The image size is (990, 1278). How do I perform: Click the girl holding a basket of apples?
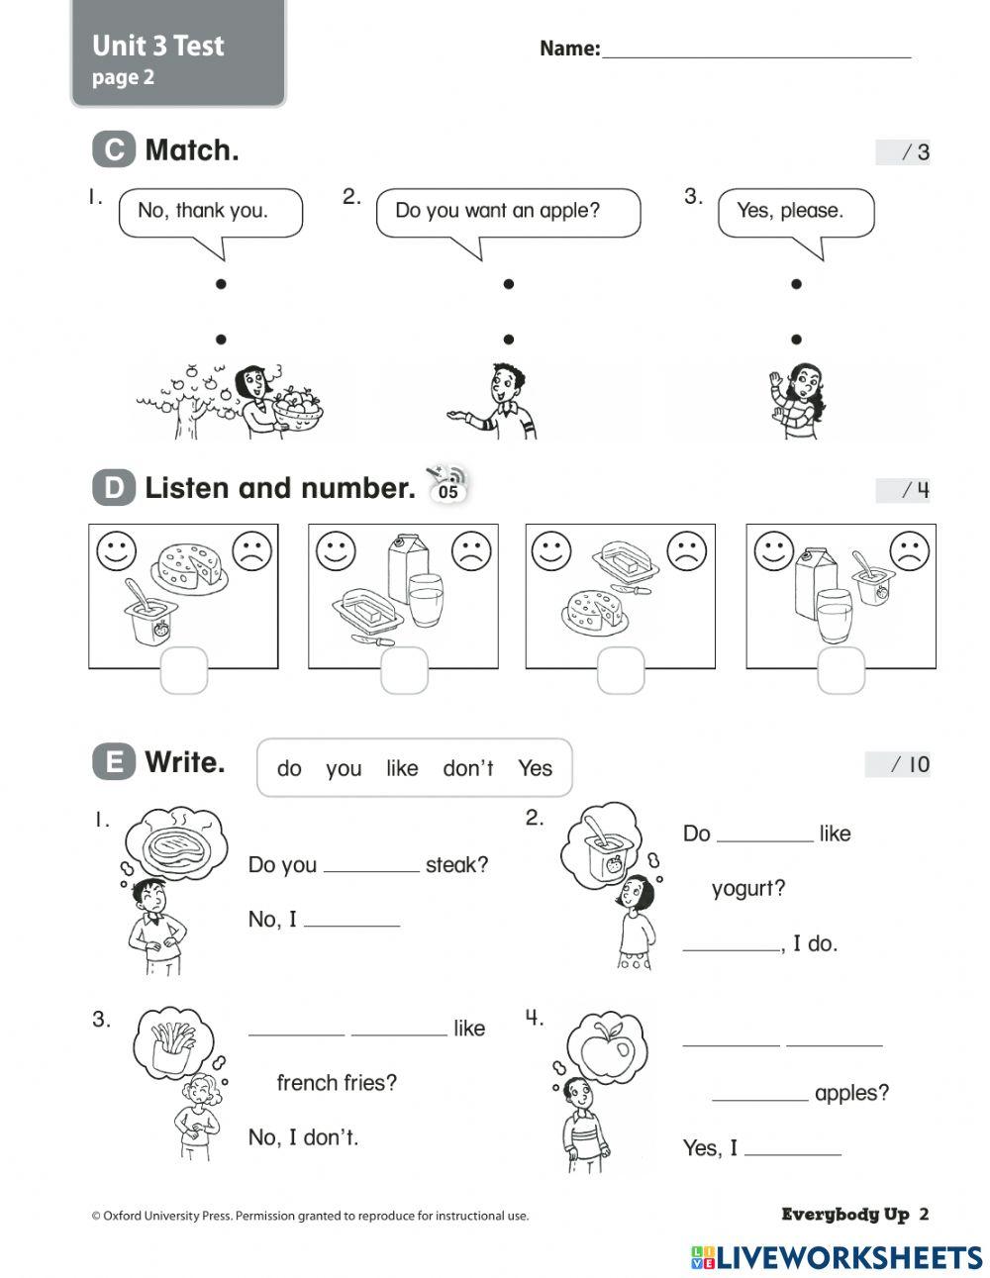tap(259, 399)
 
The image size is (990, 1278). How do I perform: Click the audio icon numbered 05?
tap(447, 485)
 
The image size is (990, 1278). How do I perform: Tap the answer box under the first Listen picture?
tap(184, 670)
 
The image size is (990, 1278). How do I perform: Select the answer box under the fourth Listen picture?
tap(841, 670)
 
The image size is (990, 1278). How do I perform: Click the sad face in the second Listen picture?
tap(471, 550)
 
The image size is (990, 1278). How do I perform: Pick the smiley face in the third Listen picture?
tap(551, 550)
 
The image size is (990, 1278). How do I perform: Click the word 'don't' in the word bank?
tap(468, 768)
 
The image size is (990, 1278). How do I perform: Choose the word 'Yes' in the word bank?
tap(535, 768)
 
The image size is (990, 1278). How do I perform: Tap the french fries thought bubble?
tap(175, 1043)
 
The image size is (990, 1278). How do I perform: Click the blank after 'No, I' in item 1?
tap(351, 921)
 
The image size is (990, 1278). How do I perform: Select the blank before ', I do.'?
tap(731, 944)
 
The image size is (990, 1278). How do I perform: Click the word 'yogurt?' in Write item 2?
tap(748, 889)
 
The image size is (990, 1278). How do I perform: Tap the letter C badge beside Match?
tap(114, 149)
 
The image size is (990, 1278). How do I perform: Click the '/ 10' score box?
tap(899, 764)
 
